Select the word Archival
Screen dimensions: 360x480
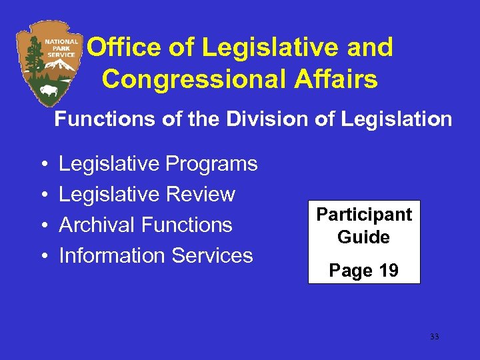[x=99, y=225]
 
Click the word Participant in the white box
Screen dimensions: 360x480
[x=364, y=215]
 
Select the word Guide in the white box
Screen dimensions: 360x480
[x=364, y=237]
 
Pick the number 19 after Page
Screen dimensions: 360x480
[x=387, y=271]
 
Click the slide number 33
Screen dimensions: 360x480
[x=435, y=337]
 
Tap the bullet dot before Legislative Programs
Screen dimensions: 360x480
[x=42, y=165]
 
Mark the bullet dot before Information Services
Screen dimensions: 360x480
[x=42, y=257]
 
